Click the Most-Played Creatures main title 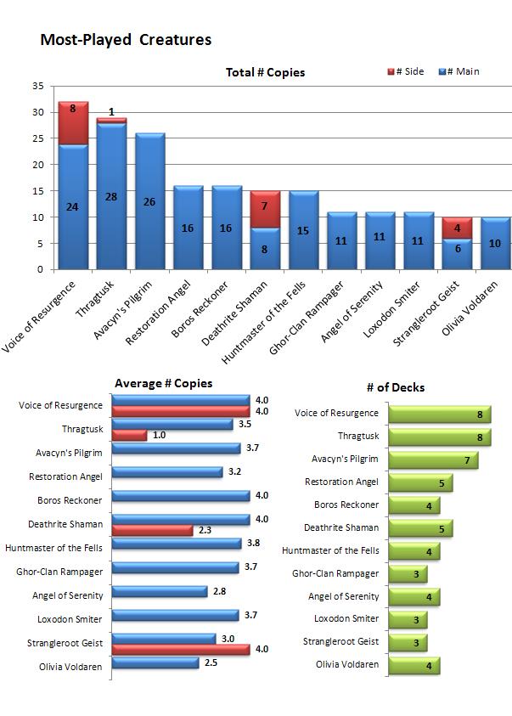(x=126, y=40)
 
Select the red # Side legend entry (x=405, y=71)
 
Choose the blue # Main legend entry (x=459, y=71)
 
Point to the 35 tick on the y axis (x=37, y=86)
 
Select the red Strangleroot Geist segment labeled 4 (x=457, y=228)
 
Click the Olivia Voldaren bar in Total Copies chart (x=495, y=243)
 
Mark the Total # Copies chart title (x=265, y=72)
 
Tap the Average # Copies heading (x=163, y=383)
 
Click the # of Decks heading (x=396, y=387)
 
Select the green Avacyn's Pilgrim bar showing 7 (x=433, y=459)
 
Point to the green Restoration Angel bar (x=420, y=482)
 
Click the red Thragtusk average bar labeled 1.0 (x=129, y=436)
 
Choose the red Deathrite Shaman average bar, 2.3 (x=152, y=530)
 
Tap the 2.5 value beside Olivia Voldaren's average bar (x=211, y=662)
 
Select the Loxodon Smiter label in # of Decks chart (x=346, y=619)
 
